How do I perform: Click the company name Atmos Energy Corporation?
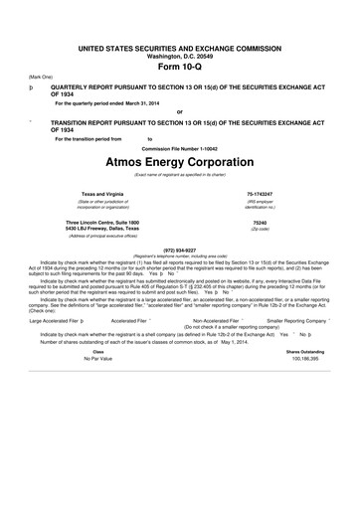point(179,160)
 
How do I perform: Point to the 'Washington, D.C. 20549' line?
point(179,40)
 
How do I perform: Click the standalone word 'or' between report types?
point(179,110)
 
